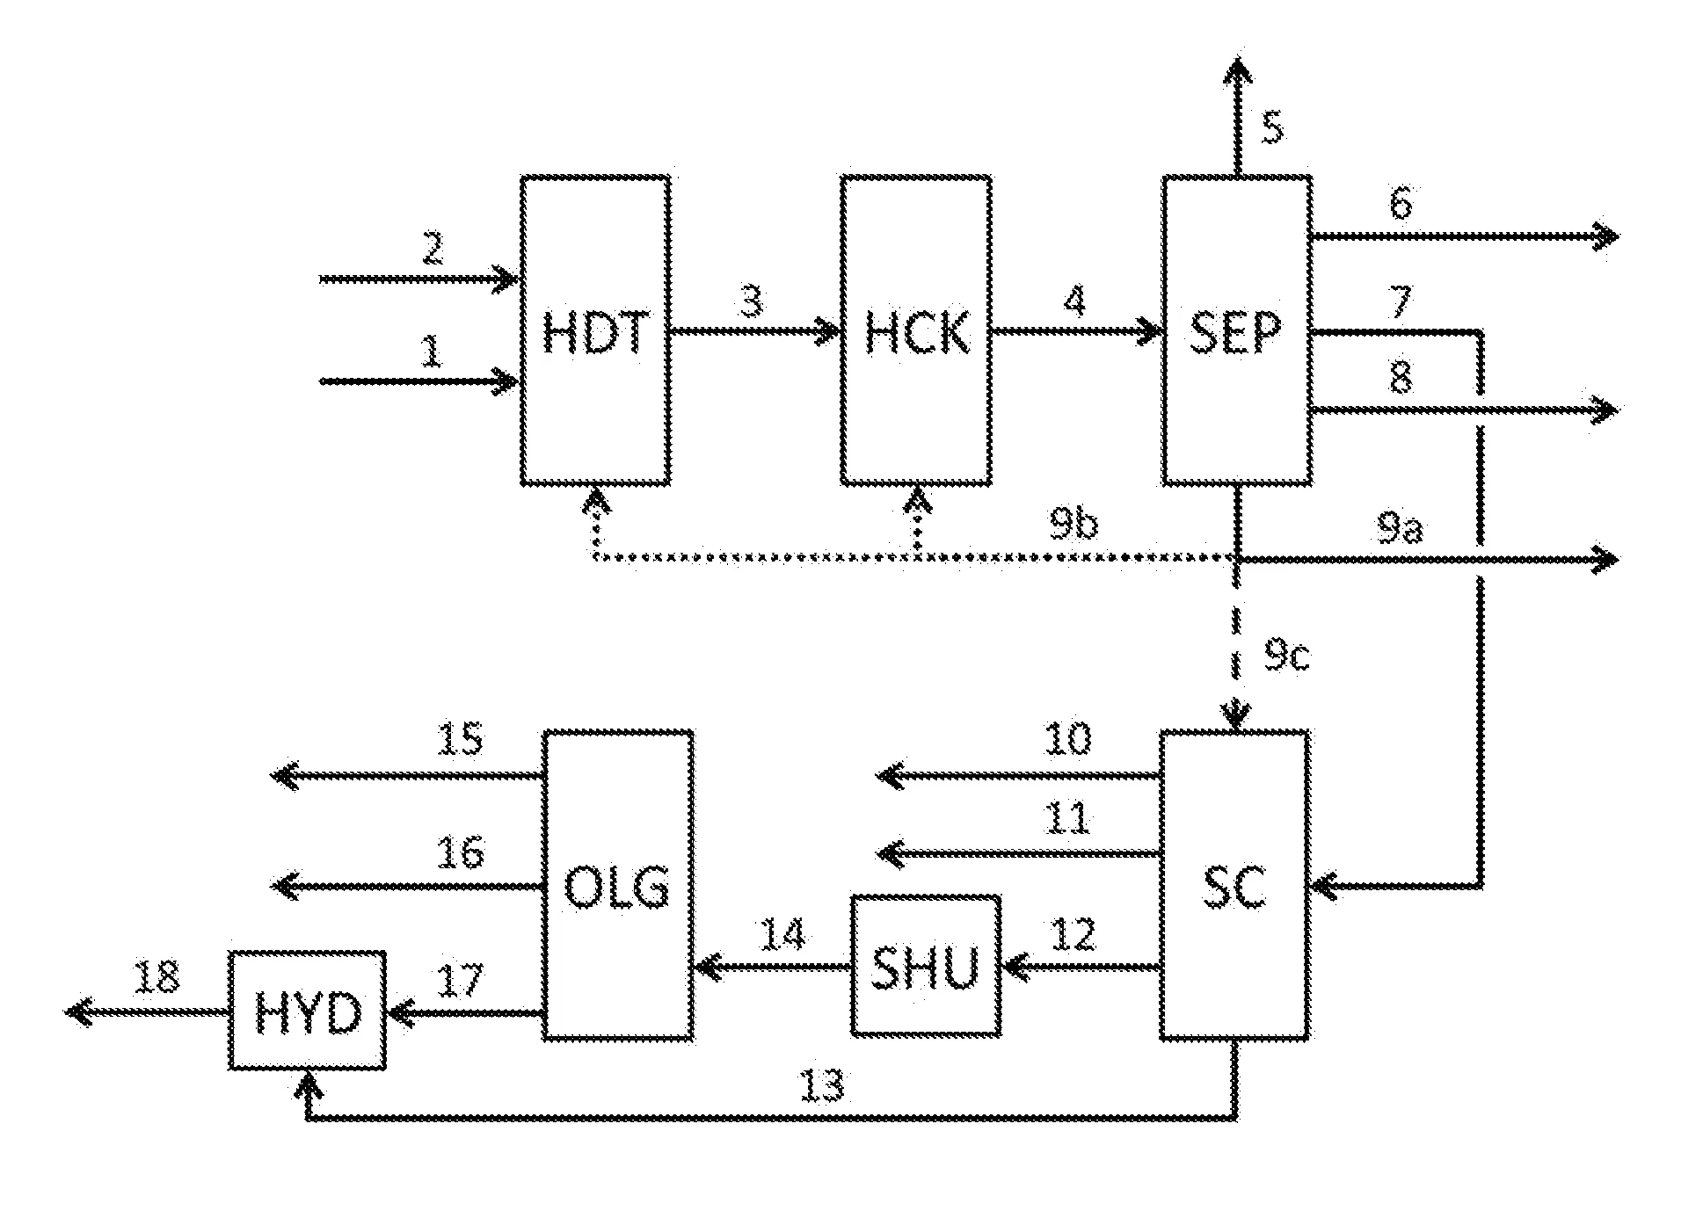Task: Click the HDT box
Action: [x=595, y=330]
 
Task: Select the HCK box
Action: [x=916, y=330]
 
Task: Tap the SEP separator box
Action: [x=1237, y=330]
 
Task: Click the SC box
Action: [x=1235, y=885]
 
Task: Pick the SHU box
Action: [x=926, y=965]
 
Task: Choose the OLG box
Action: [x=618, y=885]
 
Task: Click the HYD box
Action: [x=308, y=1011]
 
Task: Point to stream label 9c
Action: [x=1286, y=656]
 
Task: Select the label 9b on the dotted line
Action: [x=1073, y=526]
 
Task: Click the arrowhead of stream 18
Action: [x=79, y=1012]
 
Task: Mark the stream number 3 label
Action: [x=750, y=301]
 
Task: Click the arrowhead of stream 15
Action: [x=284, y=776]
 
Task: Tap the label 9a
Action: [x=1399, y=529]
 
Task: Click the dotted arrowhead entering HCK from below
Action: [x=917, y=503]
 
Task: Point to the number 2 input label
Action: [x=432, y=250]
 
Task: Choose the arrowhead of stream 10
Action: [x=891, y=776]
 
